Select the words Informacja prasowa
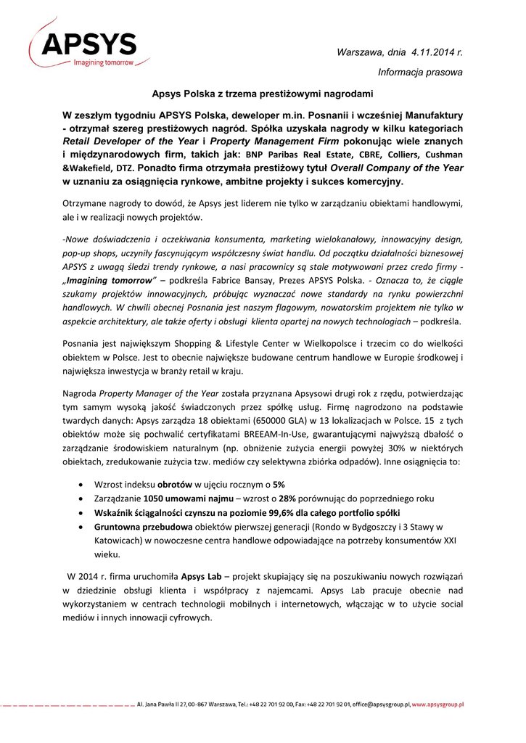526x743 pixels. (420, 72)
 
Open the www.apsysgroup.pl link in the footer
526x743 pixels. (437, 705)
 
